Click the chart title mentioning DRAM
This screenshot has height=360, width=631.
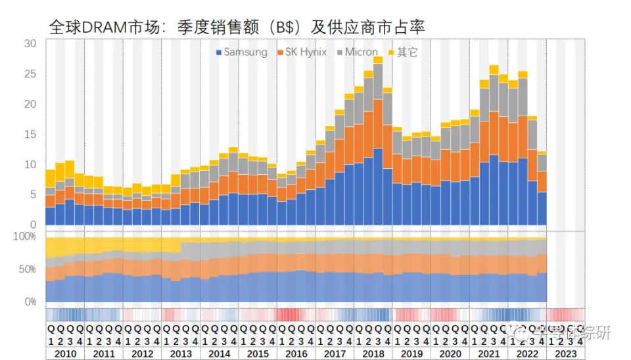pyautogui.click(x=237, y=27)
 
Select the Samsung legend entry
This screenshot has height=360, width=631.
pyautogui.click(x=242, y=52)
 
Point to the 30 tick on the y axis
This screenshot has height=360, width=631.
pyautogui.click(x=30, y=44)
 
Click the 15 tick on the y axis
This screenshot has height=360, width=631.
pyautogui.click(x=30, y=135)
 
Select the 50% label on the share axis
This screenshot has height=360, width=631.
pyautogui.click(x=27, y=269)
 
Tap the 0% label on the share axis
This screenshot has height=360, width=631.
pyautogui.click(x=30, y=302)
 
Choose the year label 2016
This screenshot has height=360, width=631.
pyautogui.click(x=296, y=353)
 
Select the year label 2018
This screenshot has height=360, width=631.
pyautogui.click(x=373, y=353)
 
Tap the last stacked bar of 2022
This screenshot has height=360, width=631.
pyautogui.click(x=542, y=191)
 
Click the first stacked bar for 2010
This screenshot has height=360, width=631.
pyautogui.click(x=50, y=197)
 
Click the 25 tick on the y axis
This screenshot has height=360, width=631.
pyautogui.click(x=30, y=74)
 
